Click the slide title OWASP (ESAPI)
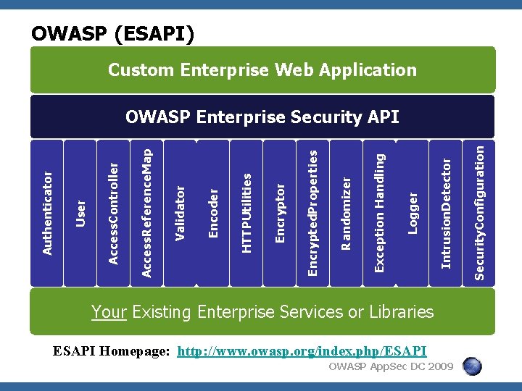[x=112, y=33]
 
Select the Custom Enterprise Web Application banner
[x=262, y=70]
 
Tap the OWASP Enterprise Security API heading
[x=262, y=117]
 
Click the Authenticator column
[x=48, y=213]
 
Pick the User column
[x=81, y=213]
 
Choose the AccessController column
[x=113, y=213]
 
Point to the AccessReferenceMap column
[x=146, y=213]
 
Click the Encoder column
[x=213, y=213]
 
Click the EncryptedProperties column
[x=312, y=213]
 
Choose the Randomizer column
[x=346, y=213]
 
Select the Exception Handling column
[x=378, y=213]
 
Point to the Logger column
[x=412, y=213]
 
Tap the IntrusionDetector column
[x=445, y=213]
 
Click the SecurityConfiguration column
[x=478, y=213]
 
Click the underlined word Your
[x=109, y=312]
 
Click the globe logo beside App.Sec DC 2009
[x=473, y=367]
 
